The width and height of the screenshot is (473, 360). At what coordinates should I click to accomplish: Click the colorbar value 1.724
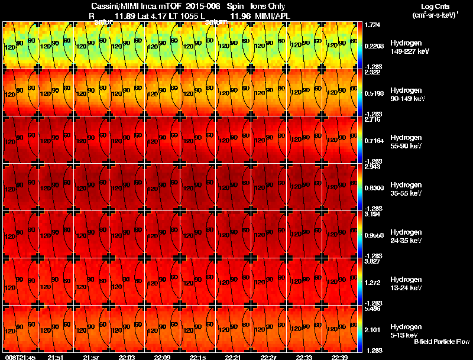coord(372,25)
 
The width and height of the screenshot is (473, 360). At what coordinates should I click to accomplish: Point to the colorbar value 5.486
coord(372,309)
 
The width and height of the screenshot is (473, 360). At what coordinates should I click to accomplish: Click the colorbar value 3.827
coord(372,261)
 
